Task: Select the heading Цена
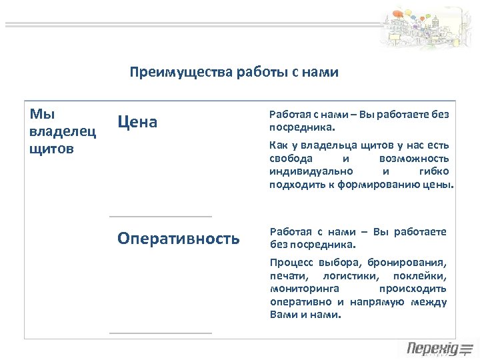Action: point(137,121)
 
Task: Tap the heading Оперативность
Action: point(179,239)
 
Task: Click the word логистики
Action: point(345,276)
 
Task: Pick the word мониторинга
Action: point(305,289)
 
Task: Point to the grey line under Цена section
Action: point(161,217)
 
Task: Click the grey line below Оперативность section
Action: point(161,333)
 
